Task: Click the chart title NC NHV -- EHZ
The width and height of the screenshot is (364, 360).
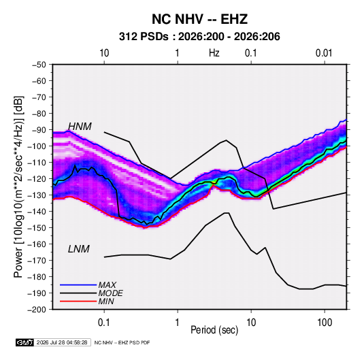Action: tap(199, 19)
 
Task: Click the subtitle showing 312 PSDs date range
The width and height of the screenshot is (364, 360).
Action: tap(199, 37)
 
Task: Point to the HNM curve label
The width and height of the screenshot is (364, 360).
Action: tap(80, 127)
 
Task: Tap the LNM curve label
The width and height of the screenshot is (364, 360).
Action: tap(79, 249)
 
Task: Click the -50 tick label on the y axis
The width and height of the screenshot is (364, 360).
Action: tap(39, 65)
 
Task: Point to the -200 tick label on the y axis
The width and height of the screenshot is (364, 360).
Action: tap(37, 310)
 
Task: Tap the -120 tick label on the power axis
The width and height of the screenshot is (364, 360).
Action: tap(37, 179)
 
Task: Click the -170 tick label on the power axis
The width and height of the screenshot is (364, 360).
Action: tap(37, 261)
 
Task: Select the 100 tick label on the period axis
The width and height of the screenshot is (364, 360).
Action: tap(325, 323)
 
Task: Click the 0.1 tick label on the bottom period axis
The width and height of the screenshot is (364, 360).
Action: tap(104, 323)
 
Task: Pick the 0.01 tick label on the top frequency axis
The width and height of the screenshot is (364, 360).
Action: tap(324, 53)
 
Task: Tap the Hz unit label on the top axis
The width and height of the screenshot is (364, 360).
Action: tap(214, 53)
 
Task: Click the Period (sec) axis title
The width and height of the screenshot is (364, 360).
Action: tap(214, 330)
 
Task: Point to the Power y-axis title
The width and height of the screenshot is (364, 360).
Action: tap(18, 187)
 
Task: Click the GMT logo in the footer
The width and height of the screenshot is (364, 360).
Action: tap(24, 342)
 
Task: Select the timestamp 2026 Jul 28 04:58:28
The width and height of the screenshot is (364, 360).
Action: tap(62, 342)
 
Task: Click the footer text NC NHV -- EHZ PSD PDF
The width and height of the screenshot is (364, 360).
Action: tap(122, 342)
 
